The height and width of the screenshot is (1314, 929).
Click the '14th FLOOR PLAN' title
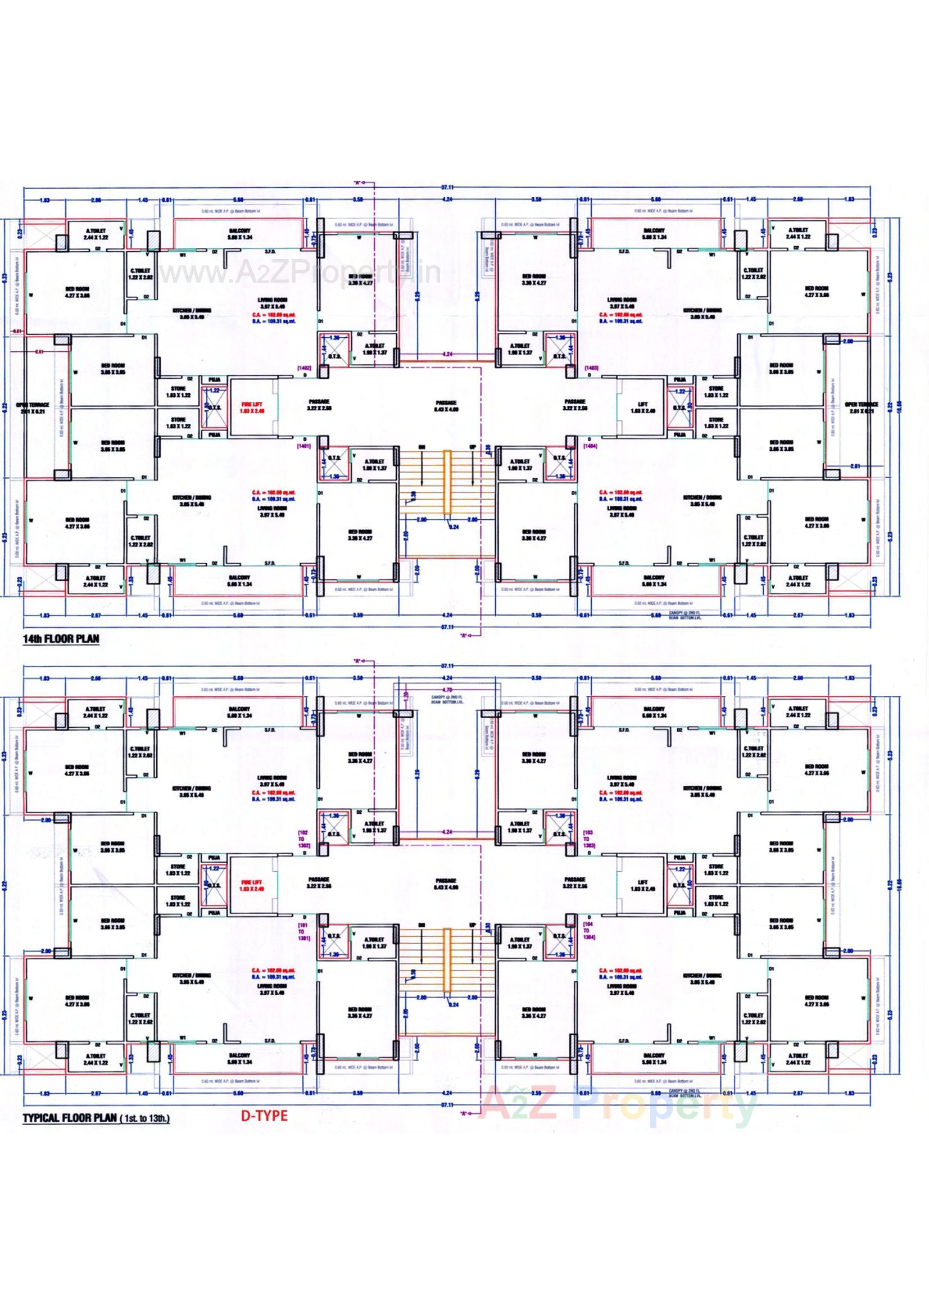click(61, 638)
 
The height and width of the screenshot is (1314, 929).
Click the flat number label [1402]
click(303, 368)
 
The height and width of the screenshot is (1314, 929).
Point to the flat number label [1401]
click(303, 445)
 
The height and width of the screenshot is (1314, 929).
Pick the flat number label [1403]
click(591, 368)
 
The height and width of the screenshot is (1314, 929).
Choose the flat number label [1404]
click(591, 445)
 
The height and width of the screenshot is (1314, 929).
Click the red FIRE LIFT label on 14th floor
click(253, 407)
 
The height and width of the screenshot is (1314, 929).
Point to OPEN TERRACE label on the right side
click(860, 407)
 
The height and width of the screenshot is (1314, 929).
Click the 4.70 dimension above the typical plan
click(448, 690)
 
